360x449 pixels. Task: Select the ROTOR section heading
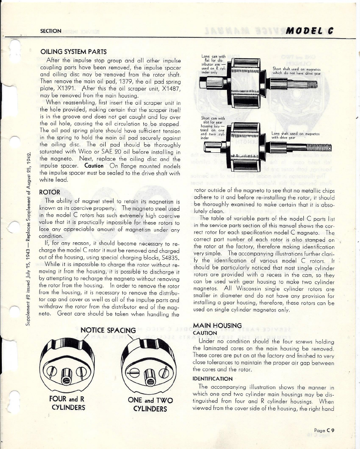tap(50, 192)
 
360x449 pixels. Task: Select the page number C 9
tap(326, 430)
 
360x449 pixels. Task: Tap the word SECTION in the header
tap(51, 31)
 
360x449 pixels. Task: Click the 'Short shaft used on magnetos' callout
tap(295, 71)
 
